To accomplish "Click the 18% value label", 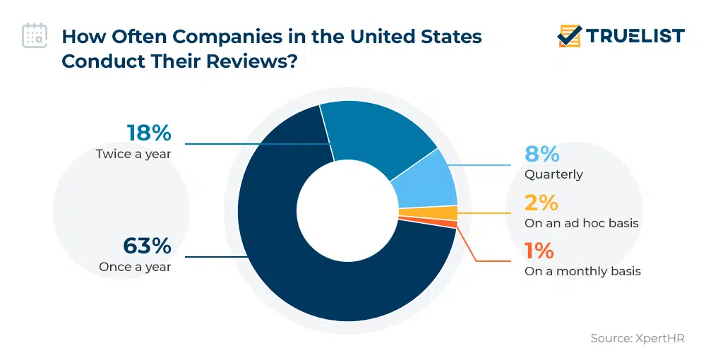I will pos(149,133).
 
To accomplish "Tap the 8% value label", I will pos(542,154).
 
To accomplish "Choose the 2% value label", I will pos(541,203).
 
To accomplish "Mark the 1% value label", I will pos(539,251).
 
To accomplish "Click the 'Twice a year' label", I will pos(133,153).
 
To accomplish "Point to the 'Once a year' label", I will pos(135,267).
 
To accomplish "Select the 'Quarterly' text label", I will pos(554,174).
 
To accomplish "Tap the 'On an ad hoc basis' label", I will pos(581,223).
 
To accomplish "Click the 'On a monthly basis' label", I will pos(582,271).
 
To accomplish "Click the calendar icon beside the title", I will pos(35,35).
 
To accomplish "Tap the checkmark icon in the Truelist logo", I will pos(570,35).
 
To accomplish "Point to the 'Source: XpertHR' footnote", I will pos(637,339).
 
